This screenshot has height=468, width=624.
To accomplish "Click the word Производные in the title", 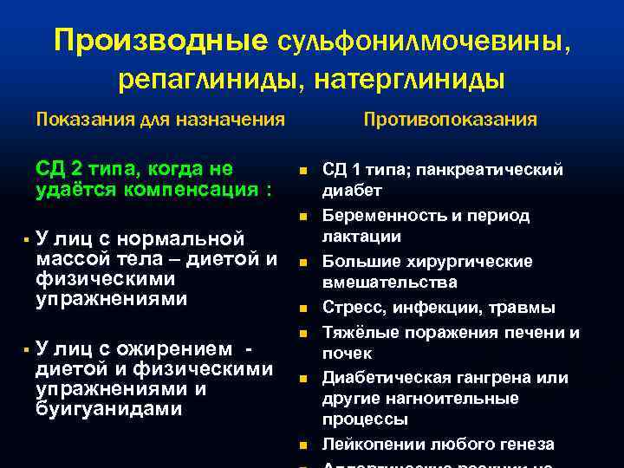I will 161,41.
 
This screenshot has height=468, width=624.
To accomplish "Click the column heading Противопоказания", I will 450,119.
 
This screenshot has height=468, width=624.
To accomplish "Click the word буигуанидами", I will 109,408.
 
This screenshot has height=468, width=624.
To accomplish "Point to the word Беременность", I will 379,216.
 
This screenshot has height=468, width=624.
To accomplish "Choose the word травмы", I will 524,308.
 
